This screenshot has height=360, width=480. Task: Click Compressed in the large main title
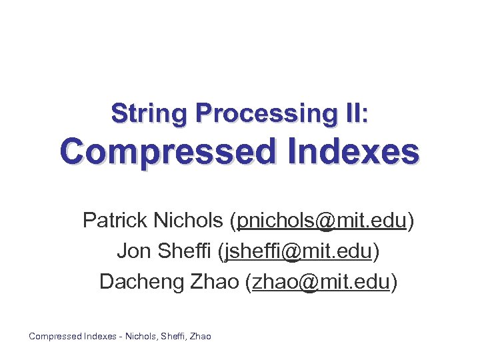coord(165,153)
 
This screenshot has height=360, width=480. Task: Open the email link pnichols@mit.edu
coord(322,220)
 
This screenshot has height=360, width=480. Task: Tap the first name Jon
coord(132,251)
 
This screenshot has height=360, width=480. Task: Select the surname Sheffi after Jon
coord(181,251)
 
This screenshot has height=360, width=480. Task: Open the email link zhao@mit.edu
coord(320,282)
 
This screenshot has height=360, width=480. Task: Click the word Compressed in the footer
coord(55,337)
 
